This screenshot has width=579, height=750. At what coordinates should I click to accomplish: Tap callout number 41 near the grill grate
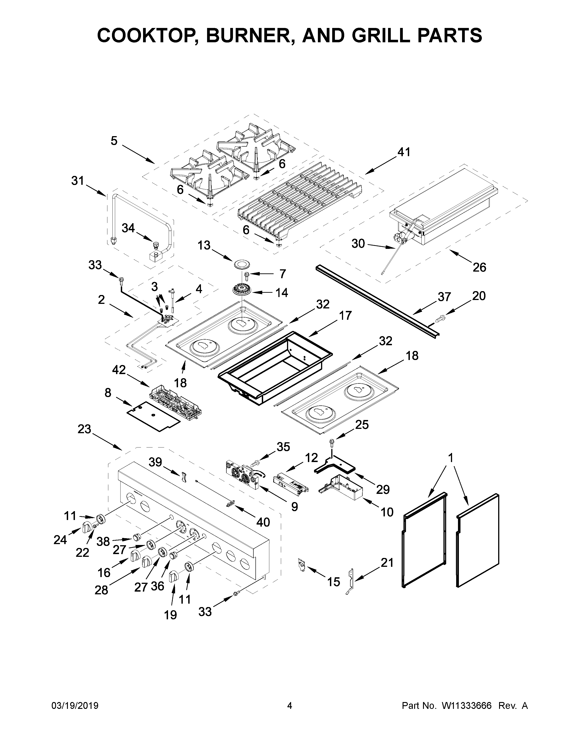403,152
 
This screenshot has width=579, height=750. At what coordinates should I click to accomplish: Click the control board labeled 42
175,401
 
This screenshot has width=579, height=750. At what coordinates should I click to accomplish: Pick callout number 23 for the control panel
84,429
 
